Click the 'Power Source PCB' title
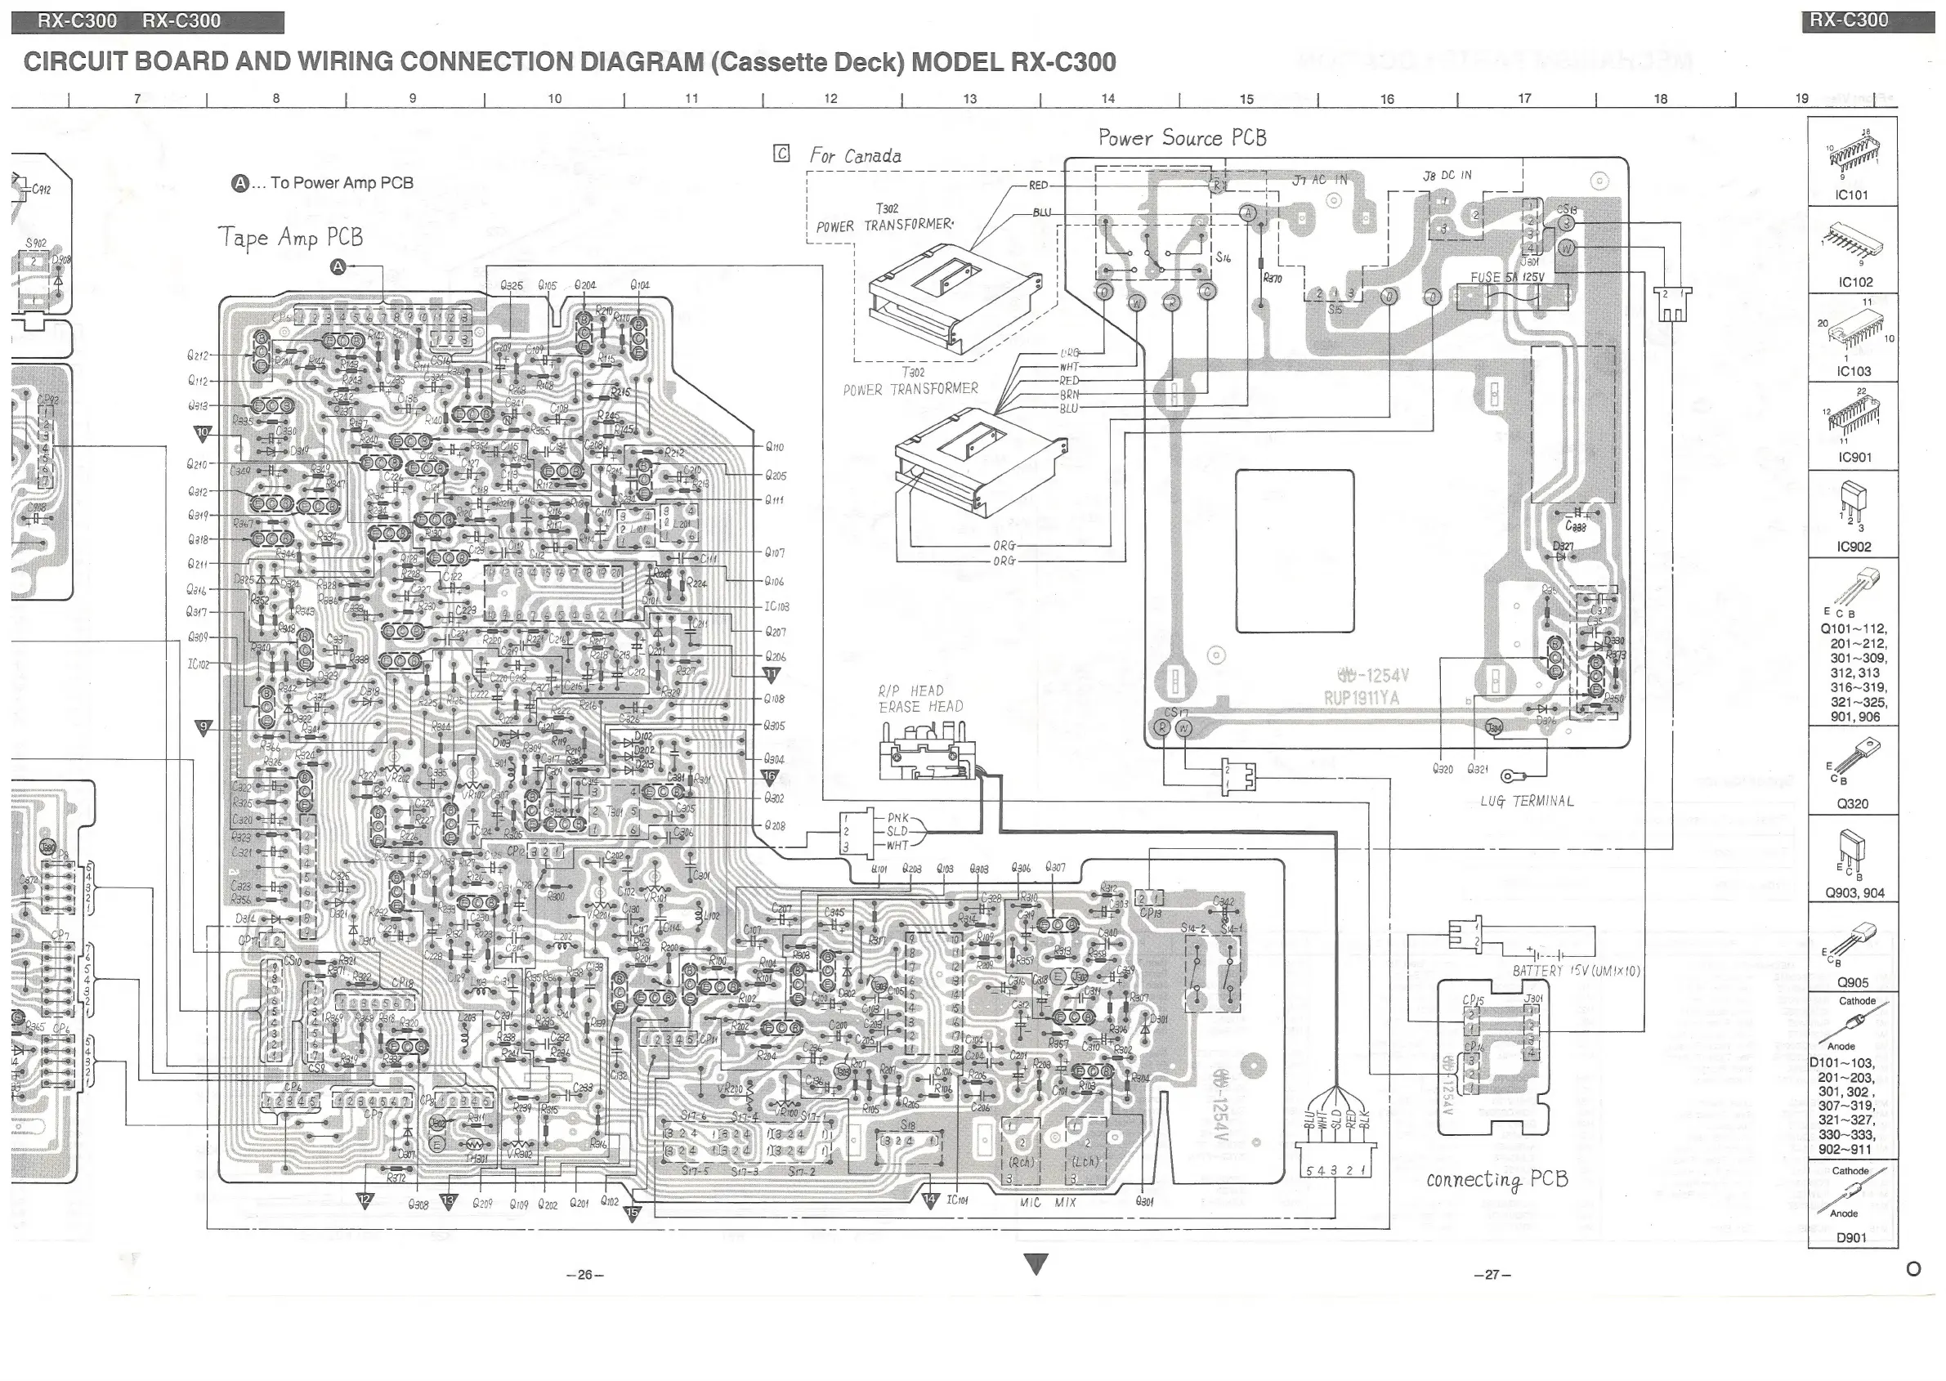1181,138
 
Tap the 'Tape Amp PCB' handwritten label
290,237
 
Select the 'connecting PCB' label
1497,1179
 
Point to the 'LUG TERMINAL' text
1527,801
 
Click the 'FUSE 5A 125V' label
1507,277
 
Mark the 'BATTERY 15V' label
1575,970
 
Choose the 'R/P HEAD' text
911,690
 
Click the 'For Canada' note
855,156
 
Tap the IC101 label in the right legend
1851,194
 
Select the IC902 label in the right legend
1854,547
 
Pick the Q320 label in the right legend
1853,803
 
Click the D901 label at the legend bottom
1850,1238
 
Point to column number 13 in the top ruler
969,99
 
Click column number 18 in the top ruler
1660,99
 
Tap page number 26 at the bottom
584,1275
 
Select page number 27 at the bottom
1492,1275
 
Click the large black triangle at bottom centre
1036,1263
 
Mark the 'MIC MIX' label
1048,1202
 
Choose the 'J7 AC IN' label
1320,181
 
